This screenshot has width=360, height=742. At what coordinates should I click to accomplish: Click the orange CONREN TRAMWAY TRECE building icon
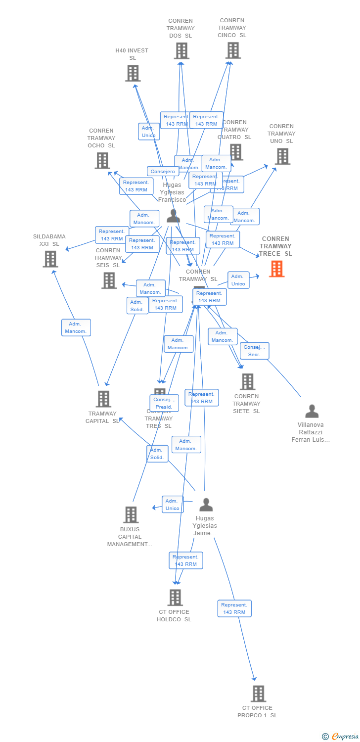point(276,269)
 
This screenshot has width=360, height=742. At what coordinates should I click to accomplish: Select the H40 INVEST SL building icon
point(133,73)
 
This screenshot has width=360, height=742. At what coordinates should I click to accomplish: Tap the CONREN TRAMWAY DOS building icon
point(181,51)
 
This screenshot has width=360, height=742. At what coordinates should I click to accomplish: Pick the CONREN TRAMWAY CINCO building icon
point(233,50)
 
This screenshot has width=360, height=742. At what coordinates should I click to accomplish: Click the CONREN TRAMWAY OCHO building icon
point(102,161)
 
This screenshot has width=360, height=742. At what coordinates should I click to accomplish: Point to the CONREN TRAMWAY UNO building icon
point(282,156)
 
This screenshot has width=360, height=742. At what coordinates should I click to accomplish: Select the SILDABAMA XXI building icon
point(50,259)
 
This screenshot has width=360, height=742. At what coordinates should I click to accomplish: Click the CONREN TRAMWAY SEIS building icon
point(109,280)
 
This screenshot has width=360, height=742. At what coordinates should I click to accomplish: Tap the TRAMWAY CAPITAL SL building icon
point(103,399)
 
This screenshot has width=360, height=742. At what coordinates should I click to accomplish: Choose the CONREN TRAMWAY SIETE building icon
point(247,381)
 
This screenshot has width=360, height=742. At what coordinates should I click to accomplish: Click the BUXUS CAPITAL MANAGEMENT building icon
point(131,514)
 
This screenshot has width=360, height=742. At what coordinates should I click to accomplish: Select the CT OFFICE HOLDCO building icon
point(175,598)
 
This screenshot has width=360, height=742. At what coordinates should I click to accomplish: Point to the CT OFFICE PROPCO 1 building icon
point(258,694)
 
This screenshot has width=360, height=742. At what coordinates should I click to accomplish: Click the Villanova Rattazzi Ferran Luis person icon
point(312,411)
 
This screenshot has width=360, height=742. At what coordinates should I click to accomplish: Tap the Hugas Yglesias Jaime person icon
point(206,505)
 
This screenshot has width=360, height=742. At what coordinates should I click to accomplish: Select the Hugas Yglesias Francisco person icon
point(173,216)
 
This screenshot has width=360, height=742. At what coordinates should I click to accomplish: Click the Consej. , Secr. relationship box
point(255,351)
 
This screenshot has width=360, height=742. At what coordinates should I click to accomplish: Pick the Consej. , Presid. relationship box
point(164,403)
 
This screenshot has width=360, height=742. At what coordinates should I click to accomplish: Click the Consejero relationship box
point(163,172)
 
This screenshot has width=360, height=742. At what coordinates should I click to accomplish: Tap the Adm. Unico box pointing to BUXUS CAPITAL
point(173,505)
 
